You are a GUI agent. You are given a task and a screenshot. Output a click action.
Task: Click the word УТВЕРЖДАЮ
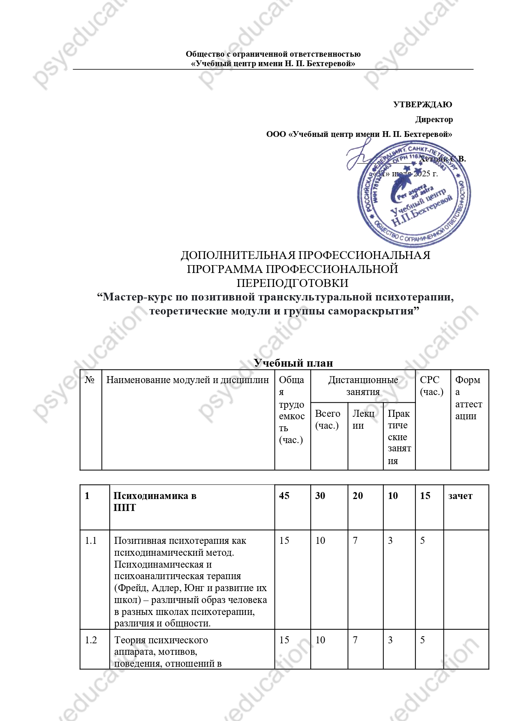(x=422, y=104)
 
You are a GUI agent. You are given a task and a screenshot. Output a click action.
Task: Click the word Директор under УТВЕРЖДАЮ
(x=434, y=120)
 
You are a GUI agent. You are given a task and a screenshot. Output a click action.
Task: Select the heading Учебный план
(x=293, y=363)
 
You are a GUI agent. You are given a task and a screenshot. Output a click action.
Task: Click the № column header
(x=90, y=380)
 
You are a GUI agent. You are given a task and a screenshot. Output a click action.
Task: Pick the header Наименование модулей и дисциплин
(x=187, y=380)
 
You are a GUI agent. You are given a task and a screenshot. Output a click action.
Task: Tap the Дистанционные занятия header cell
(x=363, y=386)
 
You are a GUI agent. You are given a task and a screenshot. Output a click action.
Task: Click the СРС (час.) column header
(x=432, y=386)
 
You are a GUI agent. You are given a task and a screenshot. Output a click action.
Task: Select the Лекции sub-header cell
(x=363, y=419)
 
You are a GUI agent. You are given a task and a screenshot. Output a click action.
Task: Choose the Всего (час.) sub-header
(x=328, y=419)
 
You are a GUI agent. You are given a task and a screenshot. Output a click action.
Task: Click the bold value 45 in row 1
(x=284, y=496)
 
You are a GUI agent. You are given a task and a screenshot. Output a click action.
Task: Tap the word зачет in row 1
(x=460, y=496)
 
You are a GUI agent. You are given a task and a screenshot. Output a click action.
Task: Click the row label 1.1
(x=91, y=541)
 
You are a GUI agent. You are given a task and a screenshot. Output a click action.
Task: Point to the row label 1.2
(x=91, y=640)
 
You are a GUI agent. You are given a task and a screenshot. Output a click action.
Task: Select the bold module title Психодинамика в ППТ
(x=155, y=501)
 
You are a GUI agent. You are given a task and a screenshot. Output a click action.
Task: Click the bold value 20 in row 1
(x=358, y=496)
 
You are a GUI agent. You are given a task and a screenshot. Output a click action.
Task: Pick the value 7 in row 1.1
(x=355, y=541)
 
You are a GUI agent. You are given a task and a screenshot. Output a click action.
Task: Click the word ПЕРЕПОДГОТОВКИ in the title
(x=292, y=283)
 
